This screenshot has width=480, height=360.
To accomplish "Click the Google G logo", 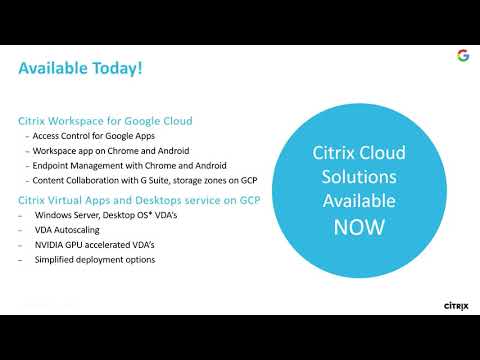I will (x=463, y=56).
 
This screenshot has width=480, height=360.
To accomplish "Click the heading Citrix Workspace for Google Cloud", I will (x=105, y=121).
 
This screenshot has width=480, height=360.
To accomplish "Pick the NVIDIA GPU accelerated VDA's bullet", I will (x=94, y=245).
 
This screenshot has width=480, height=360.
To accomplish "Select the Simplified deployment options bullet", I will (x=94, y=260).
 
